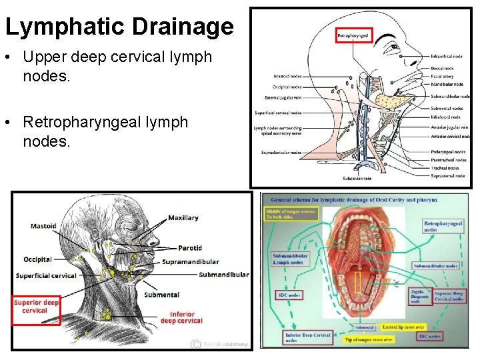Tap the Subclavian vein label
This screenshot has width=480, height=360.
tap(357, 179)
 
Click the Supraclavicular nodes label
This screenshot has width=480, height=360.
tap(281, 153)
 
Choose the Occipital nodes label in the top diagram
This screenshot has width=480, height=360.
tap(287, 87)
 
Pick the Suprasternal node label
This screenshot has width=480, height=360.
tap(449, 176)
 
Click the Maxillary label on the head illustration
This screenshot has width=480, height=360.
tap(183, 217)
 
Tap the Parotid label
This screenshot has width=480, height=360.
tap(190, 248)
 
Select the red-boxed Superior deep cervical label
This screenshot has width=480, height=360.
tap(37, 307)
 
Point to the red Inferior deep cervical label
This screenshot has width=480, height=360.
tap(181, 317)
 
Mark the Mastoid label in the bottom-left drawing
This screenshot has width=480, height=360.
tap(43, 226)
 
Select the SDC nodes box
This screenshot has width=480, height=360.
tap(289, 295)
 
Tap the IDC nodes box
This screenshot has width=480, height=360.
tap(430, 337)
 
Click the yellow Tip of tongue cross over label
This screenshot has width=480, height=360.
tap(369, 339)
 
